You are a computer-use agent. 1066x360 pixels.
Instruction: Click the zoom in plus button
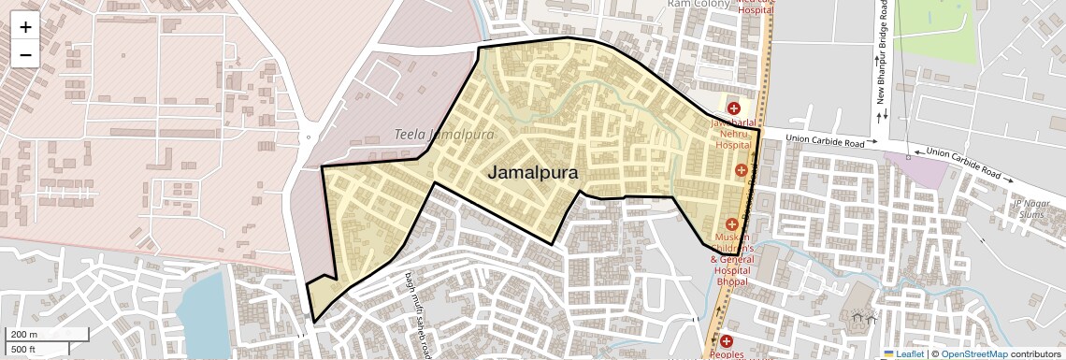pos(25,27)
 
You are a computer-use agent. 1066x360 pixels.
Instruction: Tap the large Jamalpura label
pos(533,173)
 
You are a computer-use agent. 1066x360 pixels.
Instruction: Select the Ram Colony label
pos(697,4)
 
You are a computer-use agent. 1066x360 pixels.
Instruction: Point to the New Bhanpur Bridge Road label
pos(881,51)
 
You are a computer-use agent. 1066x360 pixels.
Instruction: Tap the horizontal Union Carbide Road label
pos(825,139)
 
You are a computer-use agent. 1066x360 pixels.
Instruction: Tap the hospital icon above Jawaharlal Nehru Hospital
pos(733,109)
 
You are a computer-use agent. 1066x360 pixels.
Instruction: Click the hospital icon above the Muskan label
pos(731,223)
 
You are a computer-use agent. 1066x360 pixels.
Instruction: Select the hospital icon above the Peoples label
pos(726,340)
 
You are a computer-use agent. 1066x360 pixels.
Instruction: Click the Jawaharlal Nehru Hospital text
pos(733,134)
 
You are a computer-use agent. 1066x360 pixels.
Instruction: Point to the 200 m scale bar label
pos(25,335)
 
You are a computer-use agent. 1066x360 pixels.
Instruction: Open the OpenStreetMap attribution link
pos(973,353)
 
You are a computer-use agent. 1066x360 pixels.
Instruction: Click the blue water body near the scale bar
pos(201,309)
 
